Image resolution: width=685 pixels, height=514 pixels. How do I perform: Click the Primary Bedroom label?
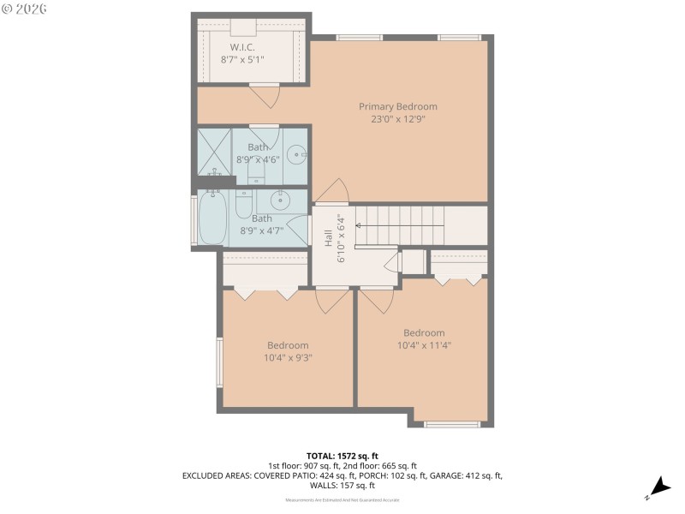click(x=397, y=106)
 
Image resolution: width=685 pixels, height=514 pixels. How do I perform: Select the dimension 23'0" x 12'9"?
click(x=397, y=119)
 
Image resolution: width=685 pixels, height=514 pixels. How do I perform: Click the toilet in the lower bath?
click(x=242, y=206)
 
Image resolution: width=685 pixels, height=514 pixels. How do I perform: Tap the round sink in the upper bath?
click(x=295, y=155)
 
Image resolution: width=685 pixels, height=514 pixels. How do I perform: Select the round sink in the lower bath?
click(x=280, y=200)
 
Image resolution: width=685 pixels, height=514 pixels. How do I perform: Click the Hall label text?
click(x=329, y=238)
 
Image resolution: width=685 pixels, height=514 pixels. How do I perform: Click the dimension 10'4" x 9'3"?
click(x=287, y=359)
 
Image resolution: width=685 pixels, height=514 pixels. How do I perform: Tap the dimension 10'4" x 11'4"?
click(x=423, y=346)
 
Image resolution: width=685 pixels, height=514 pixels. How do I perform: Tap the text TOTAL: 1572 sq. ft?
click(x=342, y=455)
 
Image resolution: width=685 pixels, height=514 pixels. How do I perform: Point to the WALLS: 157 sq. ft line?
click(x=342, y=485)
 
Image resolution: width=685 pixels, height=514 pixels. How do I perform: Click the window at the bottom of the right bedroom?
click(x=452, y=424)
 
